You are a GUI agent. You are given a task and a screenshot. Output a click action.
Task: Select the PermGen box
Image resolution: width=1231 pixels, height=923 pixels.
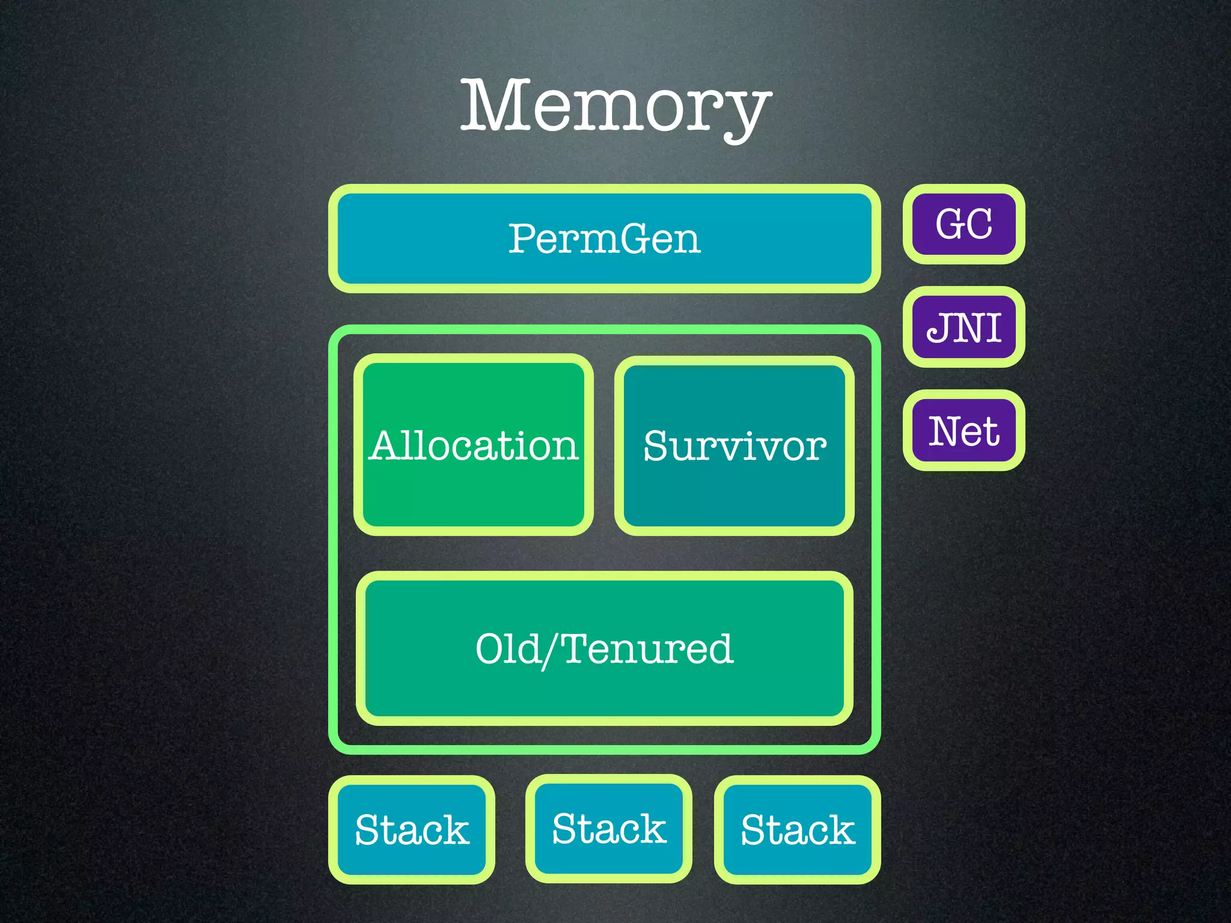point(604,239)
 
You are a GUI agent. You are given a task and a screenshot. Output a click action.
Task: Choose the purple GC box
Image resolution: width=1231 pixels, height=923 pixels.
point(964,224)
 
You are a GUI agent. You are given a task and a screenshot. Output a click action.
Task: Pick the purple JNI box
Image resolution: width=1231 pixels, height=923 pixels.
point(964,327)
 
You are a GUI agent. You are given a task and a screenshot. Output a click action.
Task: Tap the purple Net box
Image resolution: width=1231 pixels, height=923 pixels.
point(964,431)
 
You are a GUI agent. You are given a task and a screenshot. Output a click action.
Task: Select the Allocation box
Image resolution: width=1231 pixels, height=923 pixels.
point(474,445)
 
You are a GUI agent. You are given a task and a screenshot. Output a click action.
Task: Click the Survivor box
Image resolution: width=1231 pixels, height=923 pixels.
point(735,445)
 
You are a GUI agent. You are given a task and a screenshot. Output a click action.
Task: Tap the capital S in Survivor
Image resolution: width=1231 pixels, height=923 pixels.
point(656,446)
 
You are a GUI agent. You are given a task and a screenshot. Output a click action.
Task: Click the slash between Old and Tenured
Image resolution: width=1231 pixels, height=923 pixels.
point(550,651)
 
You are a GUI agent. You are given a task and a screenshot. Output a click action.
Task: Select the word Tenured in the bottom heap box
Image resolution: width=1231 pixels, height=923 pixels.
point(647,649)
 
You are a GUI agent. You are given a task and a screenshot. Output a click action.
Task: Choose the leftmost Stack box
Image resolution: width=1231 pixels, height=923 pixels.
point(412,830)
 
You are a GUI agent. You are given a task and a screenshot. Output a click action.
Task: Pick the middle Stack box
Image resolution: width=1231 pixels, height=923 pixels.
point(609,829)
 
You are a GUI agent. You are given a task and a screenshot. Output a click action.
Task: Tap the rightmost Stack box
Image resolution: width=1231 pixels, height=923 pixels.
point(798,830)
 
